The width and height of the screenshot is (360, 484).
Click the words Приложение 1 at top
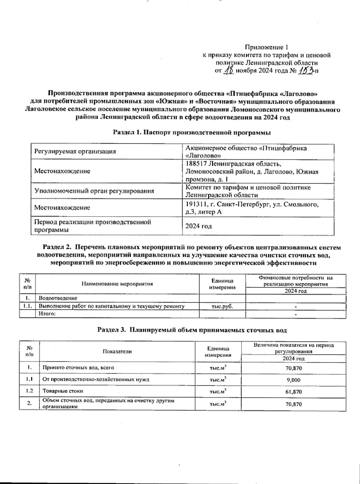(x=267, y=47)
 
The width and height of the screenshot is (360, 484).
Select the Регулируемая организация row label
(x=75, y=152)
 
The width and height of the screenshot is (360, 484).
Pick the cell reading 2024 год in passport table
(x=198, y=226)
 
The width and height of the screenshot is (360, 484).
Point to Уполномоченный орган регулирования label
(x=94, y=191)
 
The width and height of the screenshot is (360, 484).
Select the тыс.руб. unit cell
(x=222, y=306)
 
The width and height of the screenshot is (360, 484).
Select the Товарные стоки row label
(x=63, y=391)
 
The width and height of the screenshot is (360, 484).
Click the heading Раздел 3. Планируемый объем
(x=192, y=330)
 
